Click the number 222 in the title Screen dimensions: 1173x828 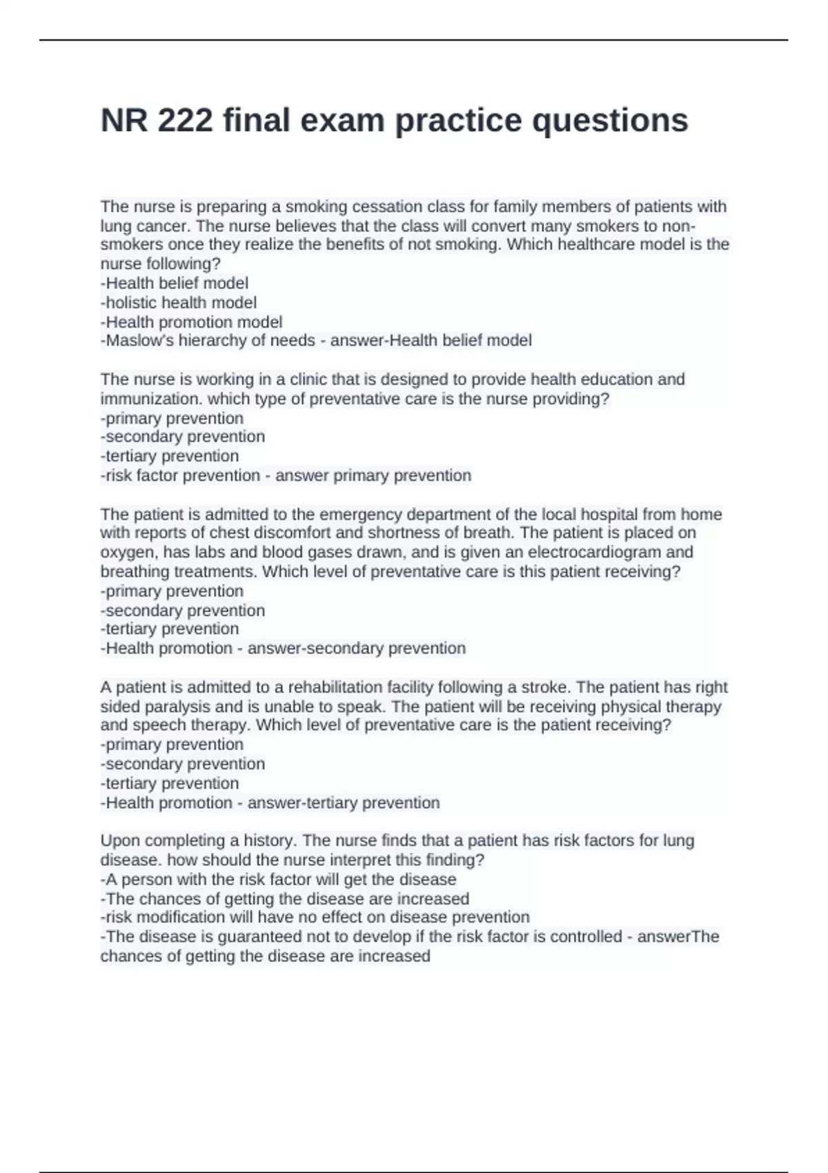click(185, 120)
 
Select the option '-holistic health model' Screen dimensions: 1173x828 click(179, 302)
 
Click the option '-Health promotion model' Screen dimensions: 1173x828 click(191, 322)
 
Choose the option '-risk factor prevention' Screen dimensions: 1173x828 click(180, 475)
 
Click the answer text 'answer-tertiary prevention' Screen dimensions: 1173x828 click(343, 802)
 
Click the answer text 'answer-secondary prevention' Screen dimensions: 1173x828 click(356, 648)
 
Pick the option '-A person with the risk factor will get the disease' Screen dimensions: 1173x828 click(278, 879)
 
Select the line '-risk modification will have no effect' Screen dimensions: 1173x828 click(315, 917)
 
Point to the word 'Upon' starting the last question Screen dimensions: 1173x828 click(118, 840)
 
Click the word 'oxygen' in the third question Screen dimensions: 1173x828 click(125, 552)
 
